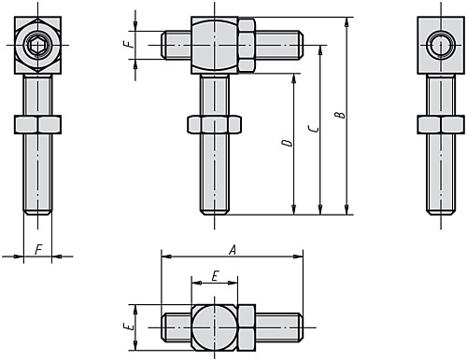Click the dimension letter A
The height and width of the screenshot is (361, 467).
pos(231,248)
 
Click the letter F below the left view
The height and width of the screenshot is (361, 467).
pos(37,249)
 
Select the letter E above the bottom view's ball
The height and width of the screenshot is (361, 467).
pos(215,276)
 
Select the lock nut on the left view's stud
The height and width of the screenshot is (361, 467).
pos(37,125)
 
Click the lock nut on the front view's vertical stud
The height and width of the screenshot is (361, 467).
pos(216,125)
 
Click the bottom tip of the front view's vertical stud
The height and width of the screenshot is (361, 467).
pos(216,213)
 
